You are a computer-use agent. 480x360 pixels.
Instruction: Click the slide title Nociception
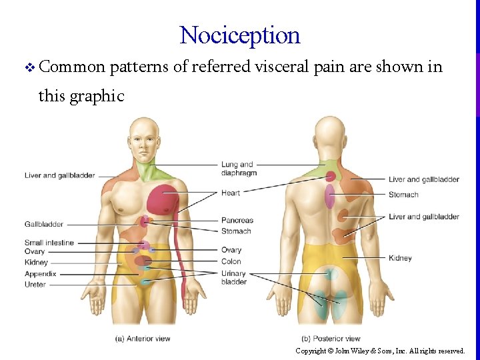click(x=240, y=35)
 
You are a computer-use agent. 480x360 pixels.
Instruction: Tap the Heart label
click(x=231, y=193)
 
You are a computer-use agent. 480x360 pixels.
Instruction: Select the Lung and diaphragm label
click(x=238, y=169)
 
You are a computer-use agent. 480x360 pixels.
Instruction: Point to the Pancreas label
click(x=237, y=221)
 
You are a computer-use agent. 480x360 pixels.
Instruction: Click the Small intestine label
click(x=49, y=243)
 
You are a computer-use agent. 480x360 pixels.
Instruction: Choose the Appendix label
click(x=41, y=274)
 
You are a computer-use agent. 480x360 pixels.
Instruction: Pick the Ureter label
click(x=35, y=285)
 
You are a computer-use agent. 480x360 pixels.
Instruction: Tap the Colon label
click(x=231, y=261)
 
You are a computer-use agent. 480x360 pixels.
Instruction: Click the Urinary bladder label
click(x=234, y=277)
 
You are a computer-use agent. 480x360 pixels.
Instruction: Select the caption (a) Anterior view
click(x=143, y=339)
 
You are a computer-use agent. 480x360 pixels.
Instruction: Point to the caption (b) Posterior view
click(x=331, y=339)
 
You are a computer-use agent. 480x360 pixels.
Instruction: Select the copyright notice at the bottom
click(x=380, y=351)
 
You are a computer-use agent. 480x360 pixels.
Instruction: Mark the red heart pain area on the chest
click(x=162, y=200)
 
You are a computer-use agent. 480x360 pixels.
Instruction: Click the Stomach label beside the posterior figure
click(x=403, y=195)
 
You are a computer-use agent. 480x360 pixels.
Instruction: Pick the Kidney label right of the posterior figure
click(x=400, y=258)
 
